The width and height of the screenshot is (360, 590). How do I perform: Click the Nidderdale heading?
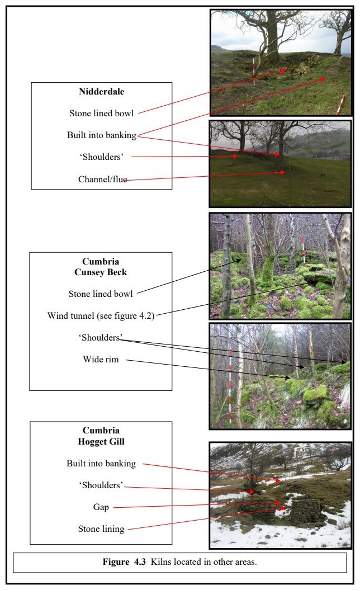click(101, 92)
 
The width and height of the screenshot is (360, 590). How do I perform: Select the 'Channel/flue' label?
click(102, 180)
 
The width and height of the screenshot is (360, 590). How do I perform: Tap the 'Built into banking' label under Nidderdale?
click(101, 135)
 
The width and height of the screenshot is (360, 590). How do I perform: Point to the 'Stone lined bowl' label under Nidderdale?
click(101, 114)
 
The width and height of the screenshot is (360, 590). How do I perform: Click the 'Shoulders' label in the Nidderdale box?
click(101, 157)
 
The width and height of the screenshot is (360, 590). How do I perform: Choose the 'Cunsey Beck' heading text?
click(101, 272)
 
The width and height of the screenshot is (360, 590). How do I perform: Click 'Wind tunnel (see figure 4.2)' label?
click(101, 315)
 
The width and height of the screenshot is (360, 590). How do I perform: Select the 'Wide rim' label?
click(101, 359)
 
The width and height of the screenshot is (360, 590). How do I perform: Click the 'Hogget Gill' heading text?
click(101, 441)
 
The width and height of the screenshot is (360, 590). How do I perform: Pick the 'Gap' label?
click(101, 507)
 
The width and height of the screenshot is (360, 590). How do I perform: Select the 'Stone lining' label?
click(101, 528)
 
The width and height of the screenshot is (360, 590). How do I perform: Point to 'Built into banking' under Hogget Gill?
click(101, 463)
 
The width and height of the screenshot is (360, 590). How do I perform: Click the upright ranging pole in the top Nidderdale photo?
click(254, 71)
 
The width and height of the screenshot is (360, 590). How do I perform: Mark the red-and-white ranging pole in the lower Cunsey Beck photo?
click(230, 386)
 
